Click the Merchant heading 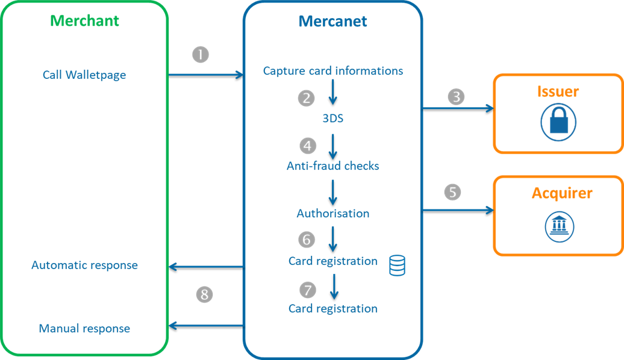point(84,21)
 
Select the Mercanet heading point(332,22)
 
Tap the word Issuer point(558,92)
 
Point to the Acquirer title point(561,193)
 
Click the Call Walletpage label point(84,75)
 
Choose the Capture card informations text point(333,71)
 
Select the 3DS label point(332,119)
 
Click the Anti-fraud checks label point(332,166)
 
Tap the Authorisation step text point(332,214)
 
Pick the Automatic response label point(84,265)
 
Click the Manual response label point(84,329)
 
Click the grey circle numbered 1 point(201,55)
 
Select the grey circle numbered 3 point(457,96)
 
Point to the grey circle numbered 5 point(453,192)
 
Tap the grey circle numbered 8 point(205,294)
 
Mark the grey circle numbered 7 point(308,290)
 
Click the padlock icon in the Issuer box point(558,122)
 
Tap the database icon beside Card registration point(397,265)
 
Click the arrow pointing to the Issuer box point(458,109)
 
